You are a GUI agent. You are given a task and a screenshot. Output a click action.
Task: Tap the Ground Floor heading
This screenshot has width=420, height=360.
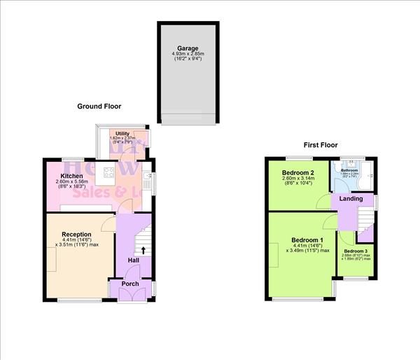click(99, 106)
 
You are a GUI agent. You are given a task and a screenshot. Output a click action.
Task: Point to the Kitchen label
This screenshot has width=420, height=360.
click(72, 176)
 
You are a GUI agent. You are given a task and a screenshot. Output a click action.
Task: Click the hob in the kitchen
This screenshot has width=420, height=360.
click(110, 172)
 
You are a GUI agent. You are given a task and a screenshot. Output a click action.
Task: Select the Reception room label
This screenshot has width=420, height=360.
click(76, 234)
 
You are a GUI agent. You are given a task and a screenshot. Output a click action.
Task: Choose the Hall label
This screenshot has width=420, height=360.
click(134, 261)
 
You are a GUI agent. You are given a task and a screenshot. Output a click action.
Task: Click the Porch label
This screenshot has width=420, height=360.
click(130, 284)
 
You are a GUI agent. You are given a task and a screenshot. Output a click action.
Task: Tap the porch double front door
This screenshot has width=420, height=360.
click(130, 295)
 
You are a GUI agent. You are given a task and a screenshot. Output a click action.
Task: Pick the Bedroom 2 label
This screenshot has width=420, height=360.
click(297, 172)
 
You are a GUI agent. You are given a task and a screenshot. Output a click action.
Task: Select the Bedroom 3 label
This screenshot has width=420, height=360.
click(356, 251)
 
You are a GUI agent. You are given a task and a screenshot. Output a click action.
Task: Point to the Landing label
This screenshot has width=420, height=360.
click(351, 199)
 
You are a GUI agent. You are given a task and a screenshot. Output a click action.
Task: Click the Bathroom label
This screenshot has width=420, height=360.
click(349, 170)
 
